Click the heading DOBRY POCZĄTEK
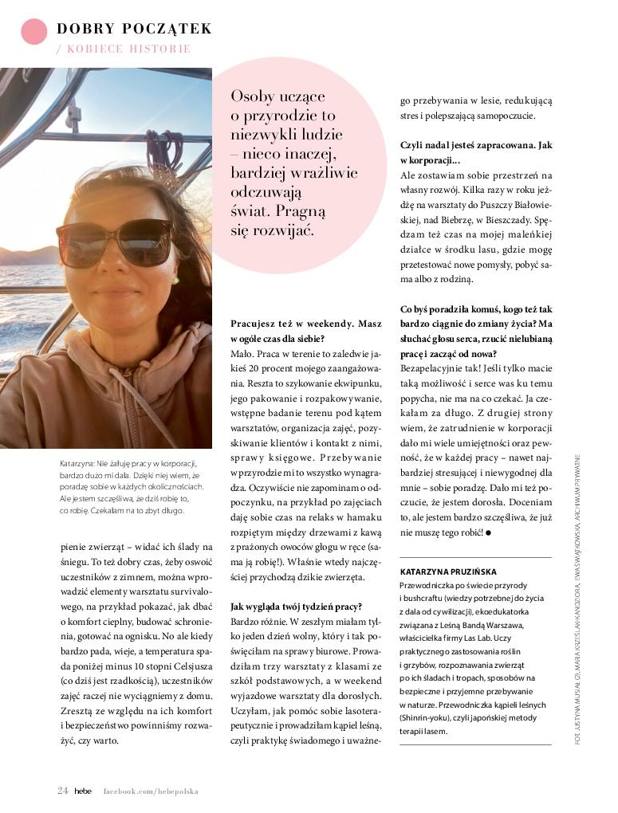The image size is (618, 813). pos(134,29)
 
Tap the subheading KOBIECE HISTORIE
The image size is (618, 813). pos(128,49)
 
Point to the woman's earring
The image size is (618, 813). pos(175,281)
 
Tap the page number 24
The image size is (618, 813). pos(62,791)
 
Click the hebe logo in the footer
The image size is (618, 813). pos(83,791)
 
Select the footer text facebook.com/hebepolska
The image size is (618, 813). pos(150,791)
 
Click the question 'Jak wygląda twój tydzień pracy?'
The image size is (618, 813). pos(297,606)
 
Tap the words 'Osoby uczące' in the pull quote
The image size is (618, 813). pos(278,96)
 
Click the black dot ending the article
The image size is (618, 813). pos(488,532)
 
